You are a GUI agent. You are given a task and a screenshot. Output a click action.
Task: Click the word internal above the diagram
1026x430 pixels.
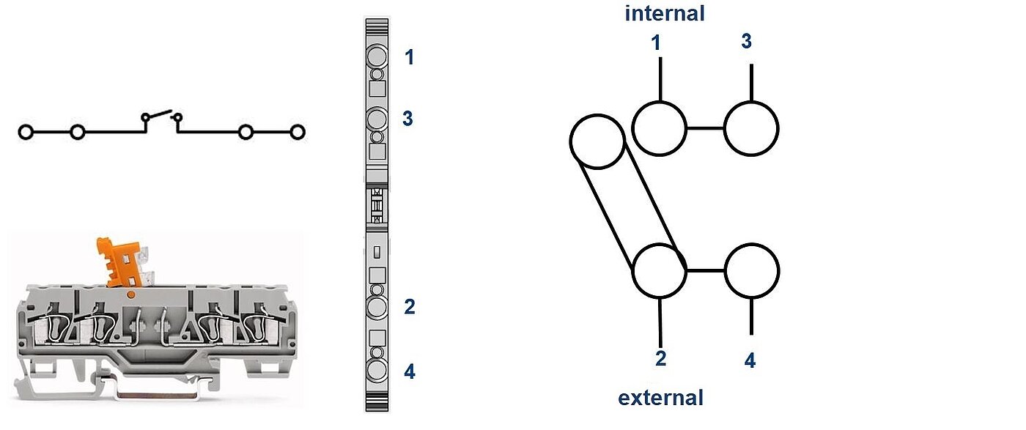664,12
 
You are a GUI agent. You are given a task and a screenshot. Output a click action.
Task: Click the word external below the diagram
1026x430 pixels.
660,398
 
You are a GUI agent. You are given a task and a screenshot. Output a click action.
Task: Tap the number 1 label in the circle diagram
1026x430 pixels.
656,43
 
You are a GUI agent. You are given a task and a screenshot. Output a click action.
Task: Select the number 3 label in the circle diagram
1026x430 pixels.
746,41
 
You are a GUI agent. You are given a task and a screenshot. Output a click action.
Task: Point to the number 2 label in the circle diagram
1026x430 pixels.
660,358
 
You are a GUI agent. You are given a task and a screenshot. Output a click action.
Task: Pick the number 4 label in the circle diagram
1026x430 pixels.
750,360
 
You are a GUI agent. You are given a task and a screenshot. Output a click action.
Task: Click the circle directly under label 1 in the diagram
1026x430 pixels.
659,128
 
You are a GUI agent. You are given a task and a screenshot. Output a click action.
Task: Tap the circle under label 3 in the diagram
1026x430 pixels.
751,128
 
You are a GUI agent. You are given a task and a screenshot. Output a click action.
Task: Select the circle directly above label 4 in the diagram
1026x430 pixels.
751,271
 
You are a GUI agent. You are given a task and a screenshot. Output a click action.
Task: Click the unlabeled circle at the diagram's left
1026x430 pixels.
597,141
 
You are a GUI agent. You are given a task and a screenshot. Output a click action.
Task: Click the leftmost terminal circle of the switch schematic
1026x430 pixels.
26,133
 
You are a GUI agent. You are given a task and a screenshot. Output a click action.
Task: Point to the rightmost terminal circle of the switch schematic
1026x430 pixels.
297,133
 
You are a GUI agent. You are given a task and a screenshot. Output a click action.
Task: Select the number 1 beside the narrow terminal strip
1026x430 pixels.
409,57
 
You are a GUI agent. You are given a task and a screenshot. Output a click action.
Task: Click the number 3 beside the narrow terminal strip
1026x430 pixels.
408,119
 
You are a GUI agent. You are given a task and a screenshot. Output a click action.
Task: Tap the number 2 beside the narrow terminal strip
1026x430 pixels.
409,307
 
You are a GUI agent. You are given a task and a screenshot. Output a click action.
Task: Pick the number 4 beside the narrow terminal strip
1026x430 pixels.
409,372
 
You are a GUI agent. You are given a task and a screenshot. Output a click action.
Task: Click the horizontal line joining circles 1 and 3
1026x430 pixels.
705,128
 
